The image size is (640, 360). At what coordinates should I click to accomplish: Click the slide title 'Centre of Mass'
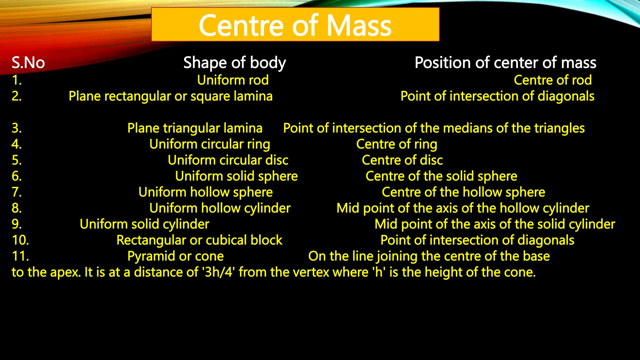coord(295,26)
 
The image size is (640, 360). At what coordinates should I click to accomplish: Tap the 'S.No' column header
coord(28,62)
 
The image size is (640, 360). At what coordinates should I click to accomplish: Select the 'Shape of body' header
coord(234,62)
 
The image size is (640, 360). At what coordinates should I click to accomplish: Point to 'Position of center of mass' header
coord(505,62)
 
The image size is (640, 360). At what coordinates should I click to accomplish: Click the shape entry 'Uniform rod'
coord(233,80)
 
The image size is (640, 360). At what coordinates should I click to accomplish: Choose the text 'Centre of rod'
coord(552,80)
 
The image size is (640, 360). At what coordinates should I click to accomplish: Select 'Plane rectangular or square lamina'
coord(171,96)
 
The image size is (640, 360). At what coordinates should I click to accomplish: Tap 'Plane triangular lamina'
coord(195,128)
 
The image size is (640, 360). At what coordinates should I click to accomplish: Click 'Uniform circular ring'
coord(210,144)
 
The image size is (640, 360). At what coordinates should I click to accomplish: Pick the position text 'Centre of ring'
coord(397,144)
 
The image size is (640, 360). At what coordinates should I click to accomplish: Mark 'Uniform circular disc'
coord(228,160)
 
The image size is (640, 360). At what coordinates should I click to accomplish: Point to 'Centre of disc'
coord(402,160)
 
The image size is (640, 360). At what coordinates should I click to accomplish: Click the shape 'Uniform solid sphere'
coord(236,176)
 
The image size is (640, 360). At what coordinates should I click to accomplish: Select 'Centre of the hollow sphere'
coord(463,192)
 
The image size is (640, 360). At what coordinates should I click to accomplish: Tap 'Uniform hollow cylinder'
coord(220,208)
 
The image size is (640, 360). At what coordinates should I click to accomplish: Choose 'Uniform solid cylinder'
coord(144,224)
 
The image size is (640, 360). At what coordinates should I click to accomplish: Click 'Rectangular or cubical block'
coord(199,240)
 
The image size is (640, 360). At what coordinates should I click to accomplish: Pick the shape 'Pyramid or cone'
coord(176,256)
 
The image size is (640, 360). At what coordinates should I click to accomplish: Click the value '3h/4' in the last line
coord(219,272)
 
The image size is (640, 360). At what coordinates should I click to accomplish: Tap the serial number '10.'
coord(20,240)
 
